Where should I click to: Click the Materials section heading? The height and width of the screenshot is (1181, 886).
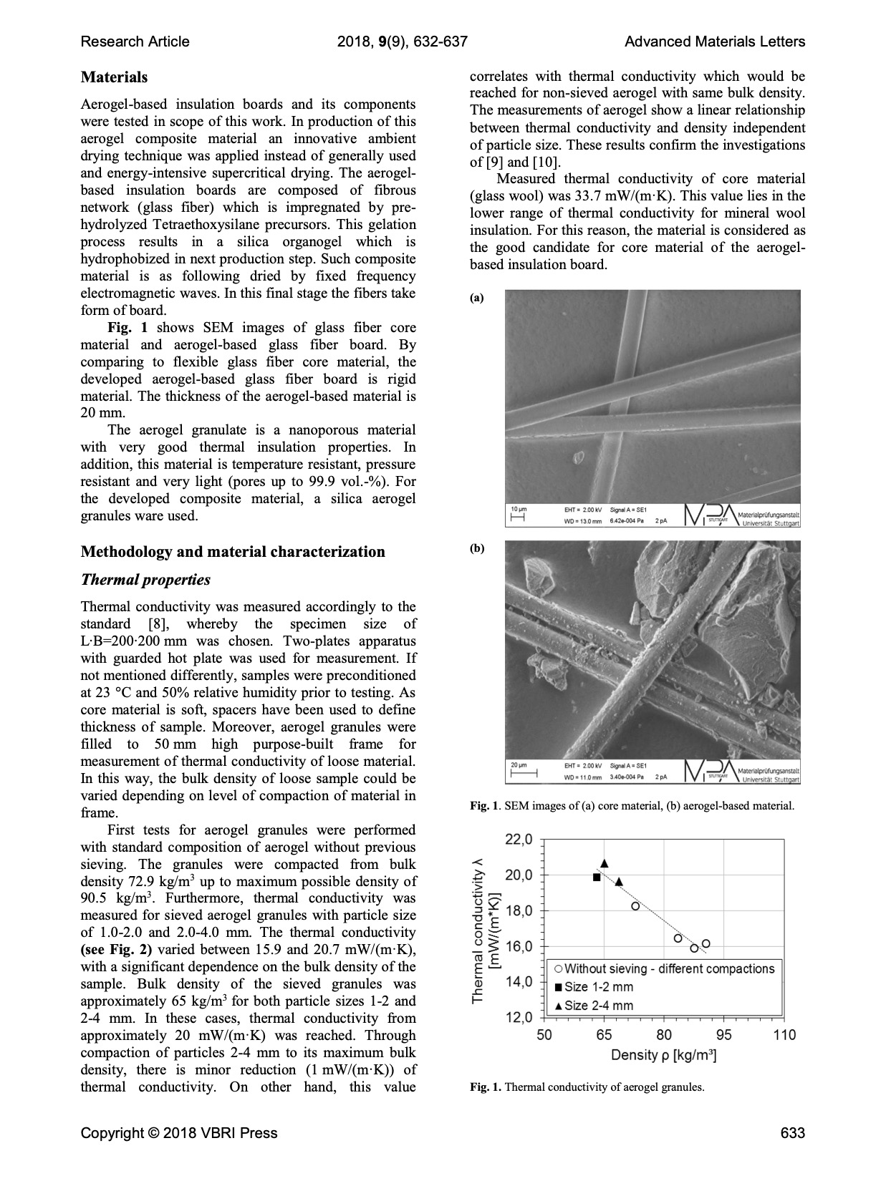tap(114, 77)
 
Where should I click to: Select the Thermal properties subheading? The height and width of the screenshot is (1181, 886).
tap(145, 580)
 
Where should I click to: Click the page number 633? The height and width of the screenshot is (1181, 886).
tap(793, 1133)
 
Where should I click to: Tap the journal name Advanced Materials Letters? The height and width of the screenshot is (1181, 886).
tap(714, 42)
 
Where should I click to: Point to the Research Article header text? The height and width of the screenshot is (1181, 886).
tap(135, 42)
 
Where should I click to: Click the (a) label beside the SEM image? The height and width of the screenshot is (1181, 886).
tap(476, 298)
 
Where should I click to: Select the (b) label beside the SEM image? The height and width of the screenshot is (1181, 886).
tap(477, 549)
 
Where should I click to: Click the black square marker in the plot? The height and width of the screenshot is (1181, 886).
tap(597, 877)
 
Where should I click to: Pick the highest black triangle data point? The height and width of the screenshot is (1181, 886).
tap(605, 863)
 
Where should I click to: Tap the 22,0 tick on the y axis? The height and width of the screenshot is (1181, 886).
tap(519, 840)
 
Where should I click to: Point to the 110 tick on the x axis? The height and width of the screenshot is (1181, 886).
tap(784, 1035)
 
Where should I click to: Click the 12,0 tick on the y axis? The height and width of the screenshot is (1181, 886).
tap(519, 1017)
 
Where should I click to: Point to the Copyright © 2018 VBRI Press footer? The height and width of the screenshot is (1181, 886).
tap(179, 1133)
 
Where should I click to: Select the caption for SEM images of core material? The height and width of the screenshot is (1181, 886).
tap(632, 806)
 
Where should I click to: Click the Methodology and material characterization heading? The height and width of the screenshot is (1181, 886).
tap(233, 552)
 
